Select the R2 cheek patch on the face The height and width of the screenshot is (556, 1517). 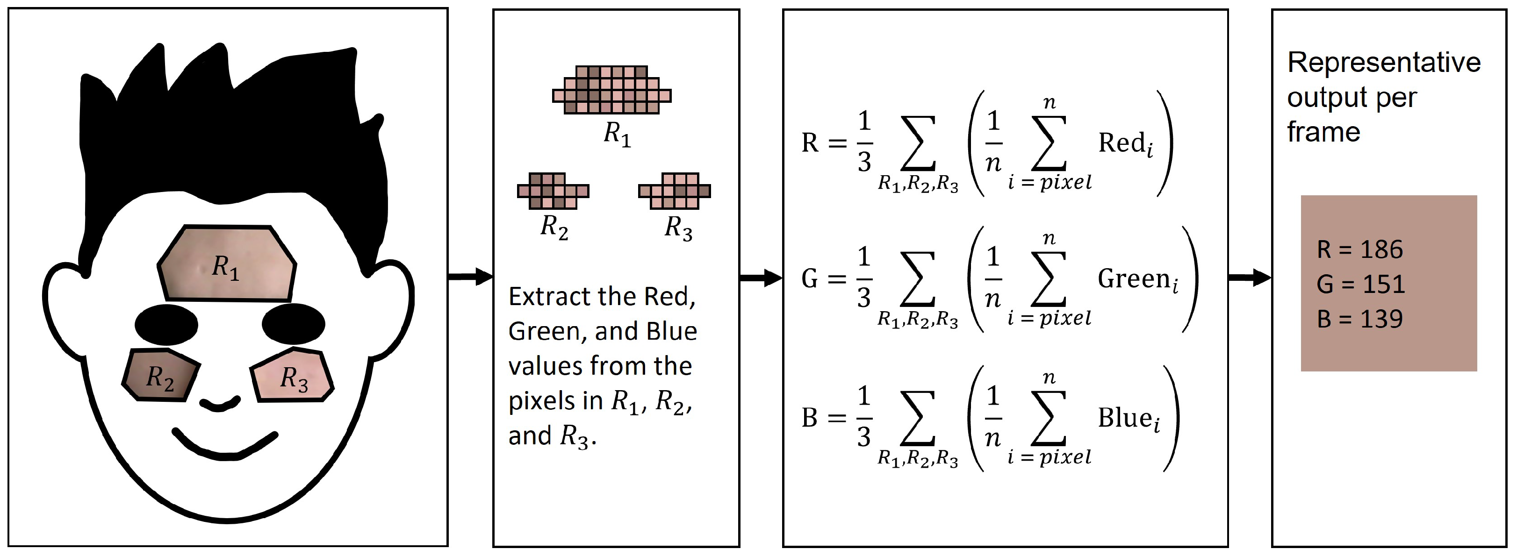click(160, 375)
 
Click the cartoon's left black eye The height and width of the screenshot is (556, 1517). click(166, 324)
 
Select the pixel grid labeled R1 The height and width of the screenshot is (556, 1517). click(612, 89)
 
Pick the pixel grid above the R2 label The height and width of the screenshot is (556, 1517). click(553, 191)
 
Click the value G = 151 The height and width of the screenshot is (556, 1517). click(1360, 284)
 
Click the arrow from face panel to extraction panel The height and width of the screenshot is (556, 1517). click(470, 277)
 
